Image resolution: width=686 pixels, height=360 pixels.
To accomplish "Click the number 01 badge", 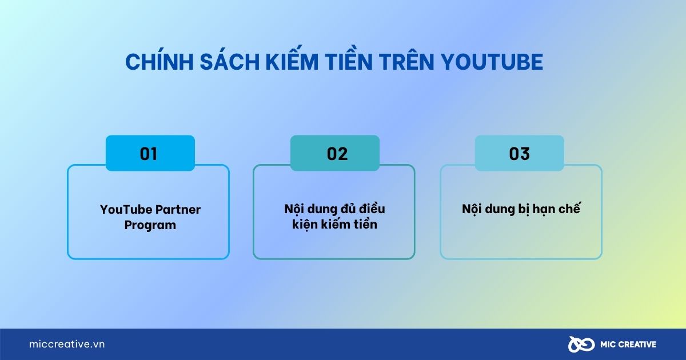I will pyautogui.click(x=150, y=154).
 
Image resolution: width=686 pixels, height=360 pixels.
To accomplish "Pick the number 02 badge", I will pyautogui.click(x=335, y=154).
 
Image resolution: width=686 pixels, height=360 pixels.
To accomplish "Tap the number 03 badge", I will pyautogui.click(x=519, y=154).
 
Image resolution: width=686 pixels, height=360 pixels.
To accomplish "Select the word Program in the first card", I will pyautogui.click(x=150, y=225).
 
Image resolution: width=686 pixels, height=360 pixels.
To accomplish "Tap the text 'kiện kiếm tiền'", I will pyautogui.click(x=334, y=225).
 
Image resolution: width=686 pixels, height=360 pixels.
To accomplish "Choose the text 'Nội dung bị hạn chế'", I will pyautogui.click(x=521, y=209).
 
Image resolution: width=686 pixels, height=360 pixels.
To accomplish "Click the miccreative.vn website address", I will pyautogui.click(x=67, y=345).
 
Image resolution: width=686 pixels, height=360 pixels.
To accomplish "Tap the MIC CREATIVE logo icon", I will pyautogui.click(x=579, y=345).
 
